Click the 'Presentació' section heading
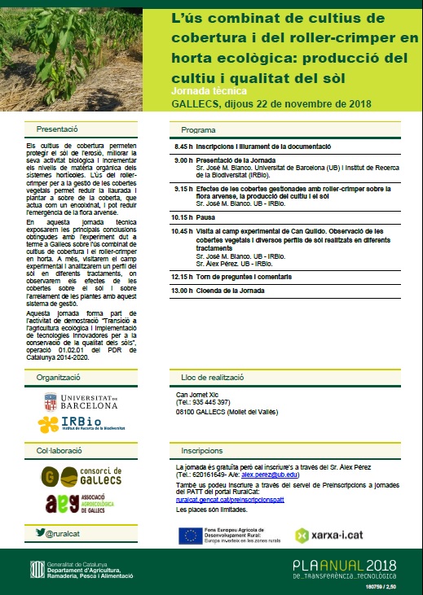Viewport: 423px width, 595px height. click(x=57, y=129)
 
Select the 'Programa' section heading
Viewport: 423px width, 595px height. click(x=198, y=129)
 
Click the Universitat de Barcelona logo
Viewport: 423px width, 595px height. click(x=82, y=401)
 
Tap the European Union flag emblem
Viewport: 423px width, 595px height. click(x=191, y=534)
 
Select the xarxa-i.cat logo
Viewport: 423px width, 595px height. click(x=324, y=535)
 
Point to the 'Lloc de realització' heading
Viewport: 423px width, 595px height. click(x=216, y=377)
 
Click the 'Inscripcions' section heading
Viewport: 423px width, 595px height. click(x=202, y=450)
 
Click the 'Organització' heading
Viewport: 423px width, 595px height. click(x=58, y=377)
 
